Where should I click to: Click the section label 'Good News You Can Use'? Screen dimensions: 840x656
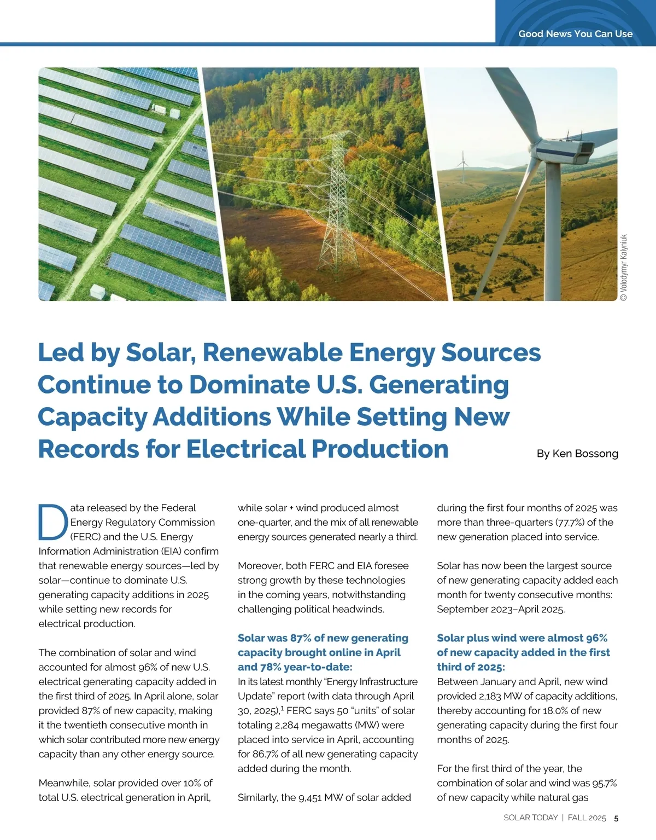tap(575, 34)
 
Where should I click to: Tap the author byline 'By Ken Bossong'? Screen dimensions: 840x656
tap(577, 454)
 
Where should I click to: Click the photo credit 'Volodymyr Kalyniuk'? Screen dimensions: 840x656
tap(624, 267)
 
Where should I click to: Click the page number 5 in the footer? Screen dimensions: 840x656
tap(616, 818)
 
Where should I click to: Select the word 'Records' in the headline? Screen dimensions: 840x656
tap(88, 449)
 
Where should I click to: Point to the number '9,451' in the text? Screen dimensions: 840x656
tap(309, 797)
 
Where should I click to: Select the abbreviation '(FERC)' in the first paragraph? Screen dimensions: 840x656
tap(85, 537)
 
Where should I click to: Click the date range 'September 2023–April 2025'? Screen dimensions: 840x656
tap(500, 609)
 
